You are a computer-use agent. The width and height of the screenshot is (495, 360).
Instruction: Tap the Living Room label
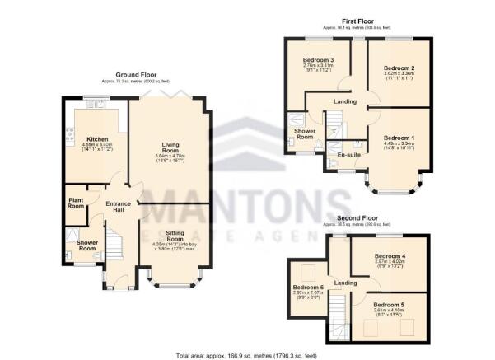click(x=169, y=147)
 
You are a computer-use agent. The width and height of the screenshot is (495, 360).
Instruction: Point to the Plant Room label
click(x=77, y=203)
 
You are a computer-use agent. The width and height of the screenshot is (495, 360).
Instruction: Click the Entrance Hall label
click(x=114, y=208)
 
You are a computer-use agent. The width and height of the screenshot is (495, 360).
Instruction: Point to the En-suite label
click(x=339, y=154)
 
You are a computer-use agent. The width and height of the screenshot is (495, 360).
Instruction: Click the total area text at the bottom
click(x=247, y=355)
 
